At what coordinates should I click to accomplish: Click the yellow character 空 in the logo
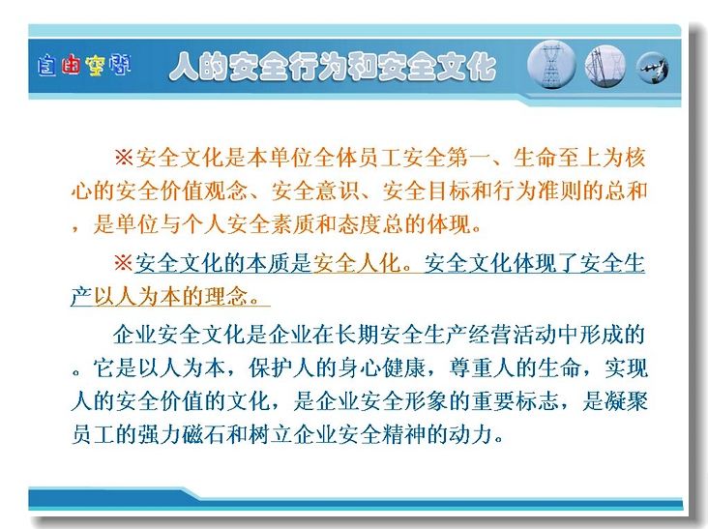click(x=96, y=66)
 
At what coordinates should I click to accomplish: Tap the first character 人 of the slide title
click(x=184, y=68)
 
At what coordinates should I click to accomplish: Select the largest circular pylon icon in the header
click(x=551, y=65)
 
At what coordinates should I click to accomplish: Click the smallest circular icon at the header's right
click(x=653, y=69)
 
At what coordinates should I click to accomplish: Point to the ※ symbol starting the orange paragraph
click(x=124, y=158)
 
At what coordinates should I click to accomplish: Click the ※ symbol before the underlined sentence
click(x=124, y=263)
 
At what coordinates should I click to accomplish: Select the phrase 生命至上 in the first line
click(x=558, y=158)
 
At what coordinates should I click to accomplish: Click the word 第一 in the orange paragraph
click(x=469, y=158)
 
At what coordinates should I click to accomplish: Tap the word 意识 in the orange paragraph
click(x=338, y=191)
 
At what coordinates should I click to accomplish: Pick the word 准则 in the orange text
click(x=560, y=191)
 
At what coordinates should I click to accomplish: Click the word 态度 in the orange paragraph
click(x=360, y=223)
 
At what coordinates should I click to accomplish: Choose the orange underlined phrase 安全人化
click(x=357, y=263)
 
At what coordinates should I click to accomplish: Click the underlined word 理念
click(x=226, y=297)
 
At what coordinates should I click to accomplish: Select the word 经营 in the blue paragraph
click(x=490, y=335)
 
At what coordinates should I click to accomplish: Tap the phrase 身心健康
click(x=381, y=368)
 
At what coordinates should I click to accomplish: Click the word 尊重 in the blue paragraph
click(x=471, y=368)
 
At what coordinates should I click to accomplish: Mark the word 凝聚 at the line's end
click(x=627, y=401)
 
